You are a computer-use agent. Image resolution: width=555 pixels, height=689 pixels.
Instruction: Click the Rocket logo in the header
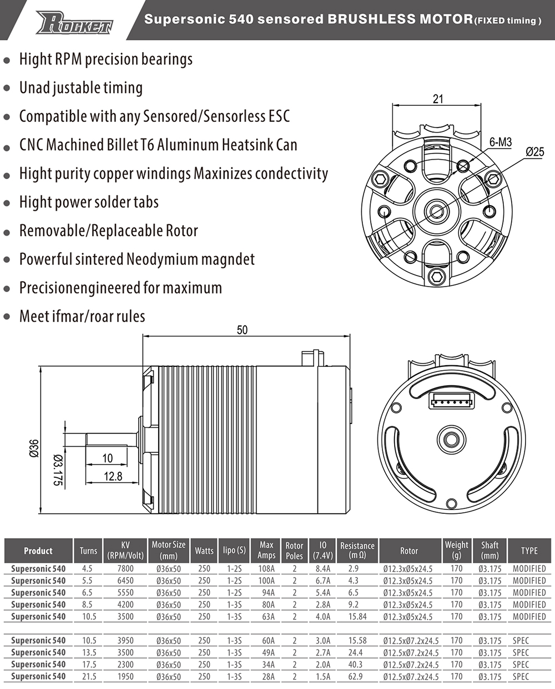tap(74, 23)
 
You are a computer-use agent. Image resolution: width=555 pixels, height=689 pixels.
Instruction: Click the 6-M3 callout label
tap(500, 142)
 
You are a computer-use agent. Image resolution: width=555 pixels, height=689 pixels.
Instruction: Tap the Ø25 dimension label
tap(534, 151)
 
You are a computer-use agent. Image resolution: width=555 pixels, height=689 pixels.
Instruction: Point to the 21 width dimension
tap(438, 99)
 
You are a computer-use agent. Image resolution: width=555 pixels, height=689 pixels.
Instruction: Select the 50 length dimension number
tap(242, 330)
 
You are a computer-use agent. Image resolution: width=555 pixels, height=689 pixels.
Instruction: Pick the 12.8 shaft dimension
tap(113, 476)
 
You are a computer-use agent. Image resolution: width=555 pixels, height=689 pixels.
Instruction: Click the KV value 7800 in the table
tap(125, 569)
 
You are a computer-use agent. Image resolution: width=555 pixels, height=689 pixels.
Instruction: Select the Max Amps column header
tap(266, 550)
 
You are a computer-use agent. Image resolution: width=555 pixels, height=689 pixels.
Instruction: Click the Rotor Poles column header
tap(294, 550)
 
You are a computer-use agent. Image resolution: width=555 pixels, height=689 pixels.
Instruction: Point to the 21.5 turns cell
tap(88, 676)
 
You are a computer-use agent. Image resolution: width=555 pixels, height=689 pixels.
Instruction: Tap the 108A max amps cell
tap(266, 569)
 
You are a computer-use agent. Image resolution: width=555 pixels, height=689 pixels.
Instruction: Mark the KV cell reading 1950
tap(125, 676)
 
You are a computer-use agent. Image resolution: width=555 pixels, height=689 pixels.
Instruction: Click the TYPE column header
tap(529, 550)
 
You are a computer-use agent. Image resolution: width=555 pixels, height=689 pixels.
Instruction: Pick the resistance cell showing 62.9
tap(355, 676)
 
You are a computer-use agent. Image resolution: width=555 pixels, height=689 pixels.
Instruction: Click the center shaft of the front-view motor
tap(437, 210)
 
